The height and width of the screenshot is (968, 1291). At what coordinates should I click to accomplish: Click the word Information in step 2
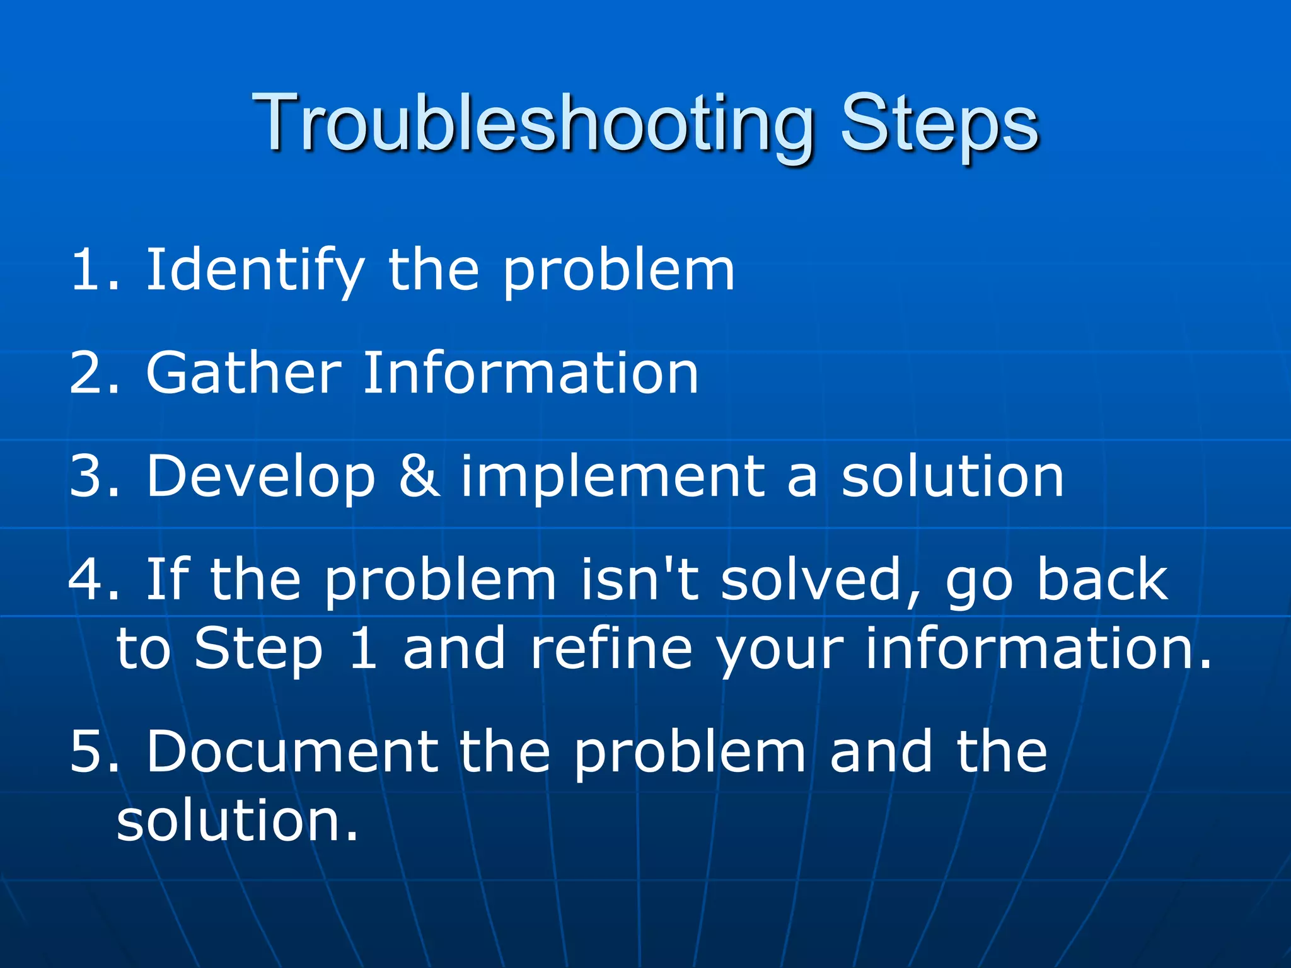coord(531,373)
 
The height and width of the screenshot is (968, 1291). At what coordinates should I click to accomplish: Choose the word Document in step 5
coord(292,751)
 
